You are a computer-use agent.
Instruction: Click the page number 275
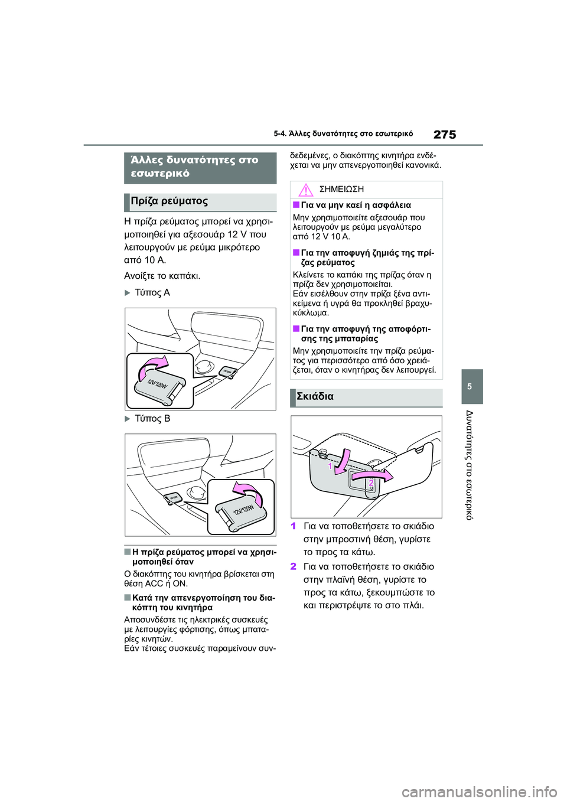click(x=444, y=135)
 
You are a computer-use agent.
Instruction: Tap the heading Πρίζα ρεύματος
click(x=170, y=201)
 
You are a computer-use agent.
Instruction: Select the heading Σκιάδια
click(x=315, y=397)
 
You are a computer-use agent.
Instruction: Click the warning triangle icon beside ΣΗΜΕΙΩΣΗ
click(x=305, y=190)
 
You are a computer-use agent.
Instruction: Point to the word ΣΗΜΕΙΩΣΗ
click(x=341, y=190)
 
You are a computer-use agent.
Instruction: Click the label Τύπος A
click(x=152, y=292)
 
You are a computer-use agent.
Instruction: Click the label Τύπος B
click(x=152, y=419)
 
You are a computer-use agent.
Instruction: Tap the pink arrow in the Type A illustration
click(x=152, y=367)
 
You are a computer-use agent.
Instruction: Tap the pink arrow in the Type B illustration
click(x=248, y=493)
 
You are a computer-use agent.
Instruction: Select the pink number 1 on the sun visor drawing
click(x=330, y=466)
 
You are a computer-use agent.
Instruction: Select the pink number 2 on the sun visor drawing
click(x=371, y=483)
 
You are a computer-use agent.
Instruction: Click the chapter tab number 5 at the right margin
click(x=470, y=387)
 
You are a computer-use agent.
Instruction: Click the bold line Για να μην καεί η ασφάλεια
click(x=356, y=206)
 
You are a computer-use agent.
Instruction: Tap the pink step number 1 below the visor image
click(x=294, y=526)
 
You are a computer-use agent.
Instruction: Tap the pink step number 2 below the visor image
click(x=294, y=566)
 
